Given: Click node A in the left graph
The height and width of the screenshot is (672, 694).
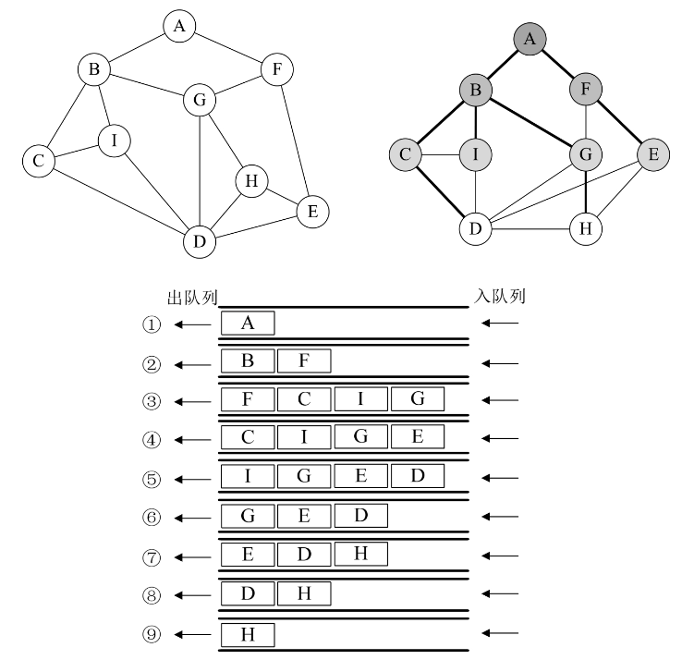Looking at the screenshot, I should click(179, 27).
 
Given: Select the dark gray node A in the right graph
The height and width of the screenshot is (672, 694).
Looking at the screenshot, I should click(530, 39).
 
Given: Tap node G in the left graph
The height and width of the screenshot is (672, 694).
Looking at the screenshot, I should click(199, 100).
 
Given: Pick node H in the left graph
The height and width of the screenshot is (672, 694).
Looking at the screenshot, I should click(250, 181).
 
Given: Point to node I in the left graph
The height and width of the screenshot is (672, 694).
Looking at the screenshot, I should click(114, 141).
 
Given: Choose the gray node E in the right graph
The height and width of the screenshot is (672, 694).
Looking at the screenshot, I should click(652, 154).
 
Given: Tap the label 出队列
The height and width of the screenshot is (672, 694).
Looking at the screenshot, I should click(189, 297).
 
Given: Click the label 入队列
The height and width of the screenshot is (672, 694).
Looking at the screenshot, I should click(501, 297).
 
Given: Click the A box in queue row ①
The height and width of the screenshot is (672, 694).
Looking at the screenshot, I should click(248, 323).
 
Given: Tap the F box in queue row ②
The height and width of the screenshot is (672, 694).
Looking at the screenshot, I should click(304, 361).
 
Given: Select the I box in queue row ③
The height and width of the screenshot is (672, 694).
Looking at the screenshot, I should click(360, 399).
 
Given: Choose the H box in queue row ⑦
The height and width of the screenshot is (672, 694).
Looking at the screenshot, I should click(360, 554).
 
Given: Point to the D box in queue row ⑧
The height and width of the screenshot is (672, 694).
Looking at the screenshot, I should click(248, 593).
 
